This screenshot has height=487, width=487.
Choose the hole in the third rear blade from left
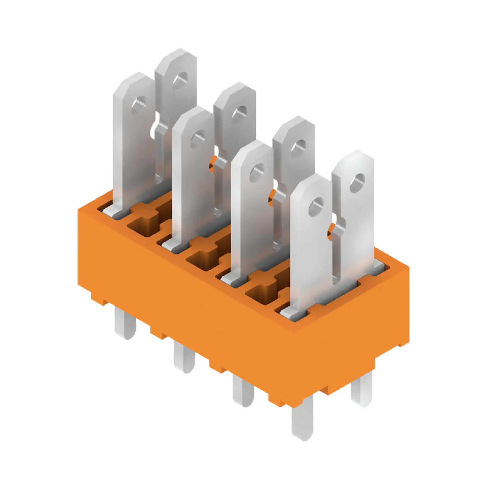tap(298, 146)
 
